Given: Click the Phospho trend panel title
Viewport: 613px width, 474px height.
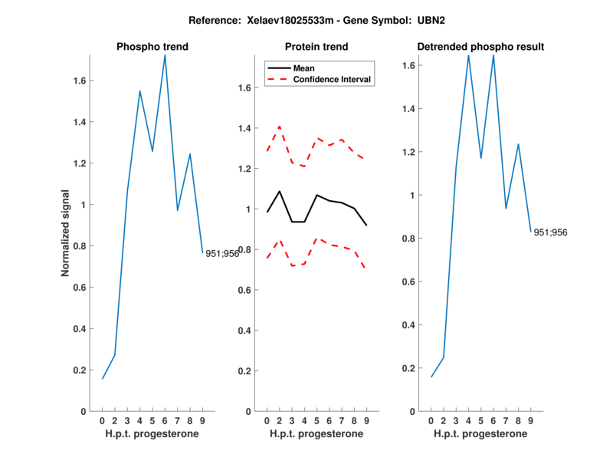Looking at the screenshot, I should point(152,47).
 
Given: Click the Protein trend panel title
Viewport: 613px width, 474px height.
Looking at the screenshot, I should point(317,47).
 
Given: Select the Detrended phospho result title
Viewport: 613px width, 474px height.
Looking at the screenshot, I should point(480,47).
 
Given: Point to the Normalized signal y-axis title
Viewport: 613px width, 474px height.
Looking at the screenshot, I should point(66,232).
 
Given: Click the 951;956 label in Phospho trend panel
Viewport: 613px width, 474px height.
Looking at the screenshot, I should point(222,253).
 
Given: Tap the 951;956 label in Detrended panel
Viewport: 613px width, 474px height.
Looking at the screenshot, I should point(550,232).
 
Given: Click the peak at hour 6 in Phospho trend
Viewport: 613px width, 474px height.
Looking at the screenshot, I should point(165,55).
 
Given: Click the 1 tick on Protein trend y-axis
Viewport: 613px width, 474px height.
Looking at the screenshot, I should point(248,209).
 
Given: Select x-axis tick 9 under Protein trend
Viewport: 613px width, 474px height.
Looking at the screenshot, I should point(367,420).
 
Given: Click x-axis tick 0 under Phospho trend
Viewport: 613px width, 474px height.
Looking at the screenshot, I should point(103,420).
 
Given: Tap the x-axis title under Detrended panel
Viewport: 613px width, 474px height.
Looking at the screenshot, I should point(480,433).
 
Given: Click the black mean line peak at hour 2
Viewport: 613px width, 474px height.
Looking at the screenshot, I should point(280,191).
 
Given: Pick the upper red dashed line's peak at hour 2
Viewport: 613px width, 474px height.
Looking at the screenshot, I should point(280,127).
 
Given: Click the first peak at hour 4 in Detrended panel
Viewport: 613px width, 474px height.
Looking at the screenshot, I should point(468,55).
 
